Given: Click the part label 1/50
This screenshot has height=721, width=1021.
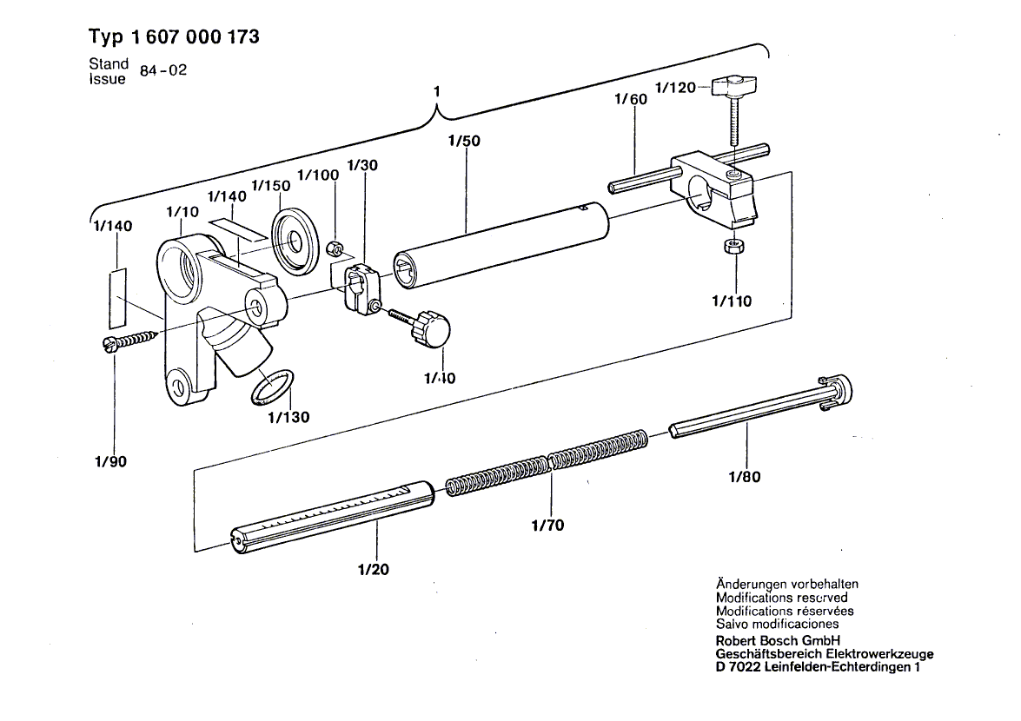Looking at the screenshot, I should (465, 139).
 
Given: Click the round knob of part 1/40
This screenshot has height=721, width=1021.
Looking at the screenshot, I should (432, 329).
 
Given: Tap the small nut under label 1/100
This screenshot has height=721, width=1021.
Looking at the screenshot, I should (334, 250).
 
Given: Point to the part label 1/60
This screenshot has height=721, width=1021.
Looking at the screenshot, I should (630, 101).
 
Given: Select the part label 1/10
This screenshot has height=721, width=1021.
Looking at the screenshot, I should (183, 211).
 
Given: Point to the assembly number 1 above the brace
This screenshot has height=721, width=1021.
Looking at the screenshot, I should (438, 91).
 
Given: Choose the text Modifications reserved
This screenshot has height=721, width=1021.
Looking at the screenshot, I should (781, 598).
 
